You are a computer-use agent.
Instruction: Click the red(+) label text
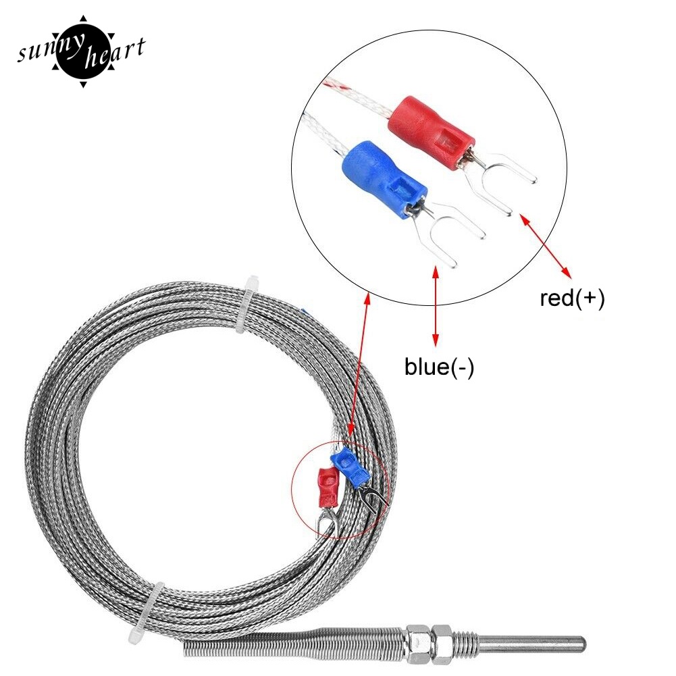pos(572,298)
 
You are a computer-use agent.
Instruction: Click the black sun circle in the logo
pos(82,50)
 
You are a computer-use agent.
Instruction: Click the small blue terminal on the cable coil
pos(348,466)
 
